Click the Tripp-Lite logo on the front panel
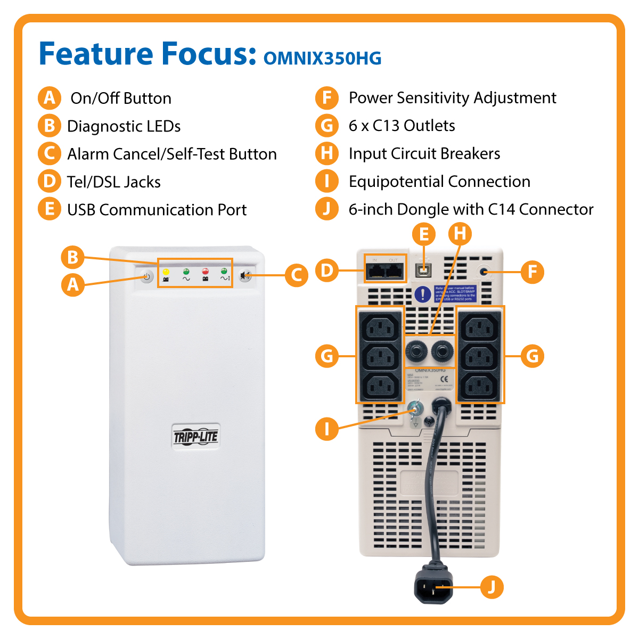(x=196, y=437)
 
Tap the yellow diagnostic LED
(x=166, y=272)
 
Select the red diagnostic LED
(x=205, y=272)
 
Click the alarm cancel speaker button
(x=245, y=276)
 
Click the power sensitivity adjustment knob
(x=484, y=272)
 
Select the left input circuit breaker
(x=416, y=350)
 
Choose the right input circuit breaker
(x=442, y=350)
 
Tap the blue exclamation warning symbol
(x=423, y=294)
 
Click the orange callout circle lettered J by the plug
(x=491, y=587)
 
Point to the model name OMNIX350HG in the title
(x=323, y=58)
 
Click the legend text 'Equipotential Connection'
(x=439, y=182)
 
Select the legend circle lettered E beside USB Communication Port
(x=50, y=209)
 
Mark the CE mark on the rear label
(x=445, y=380)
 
